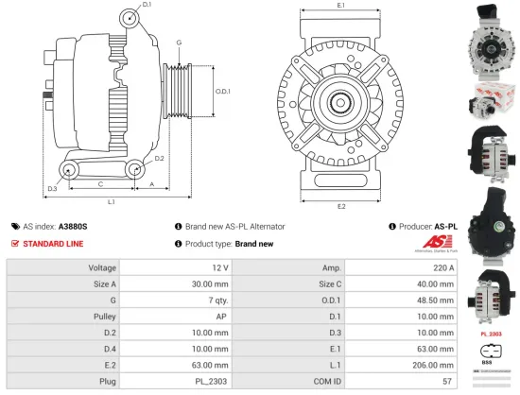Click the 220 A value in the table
tap(440, 268)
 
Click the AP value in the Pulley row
tap(221, 317)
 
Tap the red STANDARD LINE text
tap(53, 244)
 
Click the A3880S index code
tap(73, 227)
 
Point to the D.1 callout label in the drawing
tap(147, 6)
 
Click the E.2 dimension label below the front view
tap(340, 206)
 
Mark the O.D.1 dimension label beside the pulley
tap(222, 91)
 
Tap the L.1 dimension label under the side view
tap(111, 201)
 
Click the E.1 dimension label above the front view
tap(340, 8)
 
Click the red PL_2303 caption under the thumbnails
tap(491, 334)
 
